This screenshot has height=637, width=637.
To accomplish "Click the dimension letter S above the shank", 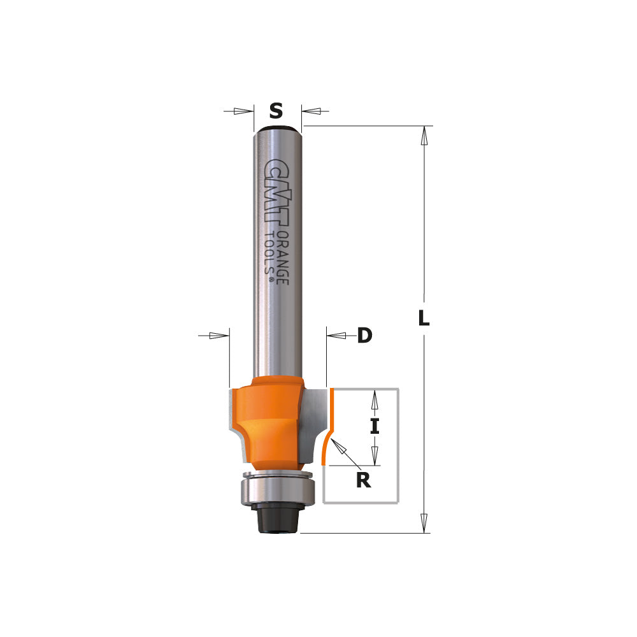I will pyautogui.click(x=275, y=111).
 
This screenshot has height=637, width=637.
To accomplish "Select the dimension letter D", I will pyautogui.click(x=364, y=336).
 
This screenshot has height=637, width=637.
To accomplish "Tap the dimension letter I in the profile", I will pyautogui.click(x=375, y=426).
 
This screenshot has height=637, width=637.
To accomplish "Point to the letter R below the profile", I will pyautogui.click(x=363, y=479).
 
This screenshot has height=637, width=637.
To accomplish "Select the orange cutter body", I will pyautogui.click(x=271, y=420).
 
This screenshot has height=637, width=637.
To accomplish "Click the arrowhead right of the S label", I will pyautogui.click(x=311, y=111).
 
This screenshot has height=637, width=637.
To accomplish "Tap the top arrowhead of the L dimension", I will pyautogui.click(x=423, y=136).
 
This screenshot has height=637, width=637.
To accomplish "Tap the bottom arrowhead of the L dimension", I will pyautogui.click(x=423, y=522).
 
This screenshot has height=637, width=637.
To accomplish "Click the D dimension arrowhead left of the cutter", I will pyautogui.click(x=218, y=335).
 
